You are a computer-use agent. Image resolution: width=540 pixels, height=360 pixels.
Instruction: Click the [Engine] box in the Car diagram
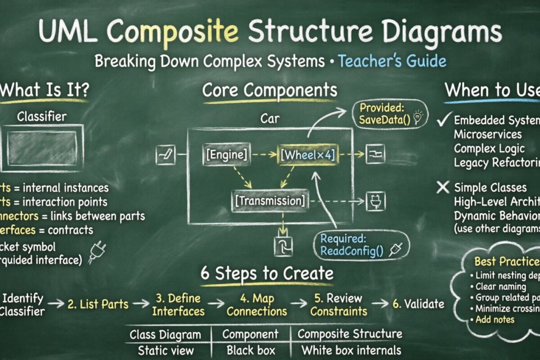[226, 155]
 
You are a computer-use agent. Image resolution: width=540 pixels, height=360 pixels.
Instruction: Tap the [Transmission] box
[270, 200]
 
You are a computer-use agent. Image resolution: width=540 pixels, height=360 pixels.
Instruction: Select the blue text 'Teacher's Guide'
[392, 61]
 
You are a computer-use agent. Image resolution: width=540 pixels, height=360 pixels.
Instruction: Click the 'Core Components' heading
[269, 90]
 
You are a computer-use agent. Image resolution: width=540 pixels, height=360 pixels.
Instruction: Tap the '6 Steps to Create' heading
[267, 274]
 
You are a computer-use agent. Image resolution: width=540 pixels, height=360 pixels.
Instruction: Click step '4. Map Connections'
[256, 305]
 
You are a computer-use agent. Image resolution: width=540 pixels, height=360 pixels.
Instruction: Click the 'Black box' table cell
[250, 350]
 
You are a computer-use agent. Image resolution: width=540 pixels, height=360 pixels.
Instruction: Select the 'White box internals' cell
[351, 350]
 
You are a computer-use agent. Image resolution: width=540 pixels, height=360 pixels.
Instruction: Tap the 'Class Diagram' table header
[165, 334]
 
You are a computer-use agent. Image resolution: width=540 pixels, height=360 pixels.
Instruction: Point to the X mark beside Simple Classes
[443, 187]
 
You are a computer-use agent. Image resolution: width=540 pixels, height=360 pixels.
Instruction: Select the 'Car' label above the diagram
[270, 119]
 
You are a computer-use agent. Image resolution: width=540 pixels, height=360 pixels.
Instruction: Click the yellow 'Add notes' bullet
[494, 319]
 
